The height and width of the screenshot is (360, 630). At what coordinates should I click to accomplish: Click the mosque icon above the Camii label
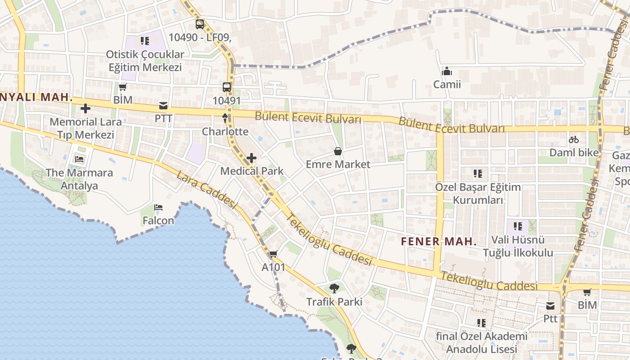pyautogui.click(x=447, y=71)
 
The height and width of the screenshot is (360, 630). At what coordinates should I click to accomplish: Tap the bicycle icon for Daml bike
pyautogui.click(x=574, y=139)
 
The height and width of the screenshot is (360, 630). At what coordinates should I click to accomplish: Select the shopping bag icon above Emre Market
pyautogui.click(x=338, y=151)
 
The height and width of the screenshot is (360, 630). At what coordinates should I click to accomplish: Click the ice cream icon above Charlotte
pyautogui.click(x=225, y=118)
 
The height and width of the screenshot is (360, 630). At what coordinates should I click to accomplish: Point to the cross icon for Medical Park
pyautogui.click(x=252, y=158)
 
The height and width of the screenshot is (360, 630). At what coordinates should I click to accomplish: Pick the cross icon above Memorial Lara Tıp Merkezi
pyautogui.click(x=85, y=108)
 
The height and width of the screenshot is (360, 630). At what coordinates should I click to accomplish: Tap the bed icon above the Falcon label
pyautogui.click(x=158, y=207)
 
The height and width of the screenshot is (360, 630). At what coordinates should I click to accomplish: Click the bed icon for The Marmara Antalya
pyautogui.click(x=80, y=159)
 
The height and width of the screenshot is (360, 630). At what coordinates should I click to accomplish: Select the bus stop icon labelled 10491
pyautogui.click(x=227, y=87)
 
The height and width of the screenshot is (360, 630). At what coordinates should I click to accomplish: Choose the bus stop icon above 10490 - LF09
pyautogui.click(x=199, y=24)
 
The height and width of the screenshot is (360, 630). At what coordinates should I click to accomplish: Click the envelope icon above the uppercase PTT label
pyautogui.click(x=163, y=106)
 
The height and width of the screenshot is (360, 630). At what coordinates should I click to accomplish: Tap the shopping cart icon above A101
pyautogui.click(x=273, y=254)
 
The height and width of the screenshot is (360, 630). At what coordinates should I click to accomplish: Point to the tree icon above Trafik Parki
pyautogui.click(x=334, y=288)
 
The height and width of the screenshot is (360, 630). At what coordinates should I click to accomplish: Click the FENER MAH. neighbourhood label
pyautogui.click(x=439, y=241)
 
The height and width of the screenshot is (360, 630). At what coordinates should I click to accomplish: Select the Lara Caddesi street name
pyautogui.click(x=207, y=190)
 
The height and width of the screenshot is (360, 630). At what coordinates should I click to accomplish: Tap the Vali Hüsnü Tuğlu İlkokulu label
pyautogui.click(x=517, y=246)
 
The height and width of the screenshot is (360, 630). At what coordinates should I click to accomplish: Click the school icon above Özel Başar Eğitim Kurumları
pyautogui.click(x=478, y=173)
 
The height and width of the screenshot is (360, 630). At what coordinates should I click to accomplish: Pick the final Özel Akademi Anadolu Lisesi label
pyautogui.click(x=481, y=342)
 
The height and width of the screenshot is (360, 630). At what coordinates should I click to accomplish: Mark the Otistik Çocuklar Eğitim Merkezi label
pyautogui.click(x=145, y=61)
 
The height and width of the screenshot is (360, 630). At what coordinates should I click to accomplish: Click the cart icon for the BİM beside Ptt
pyautogui.click(x=587, y=292)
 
